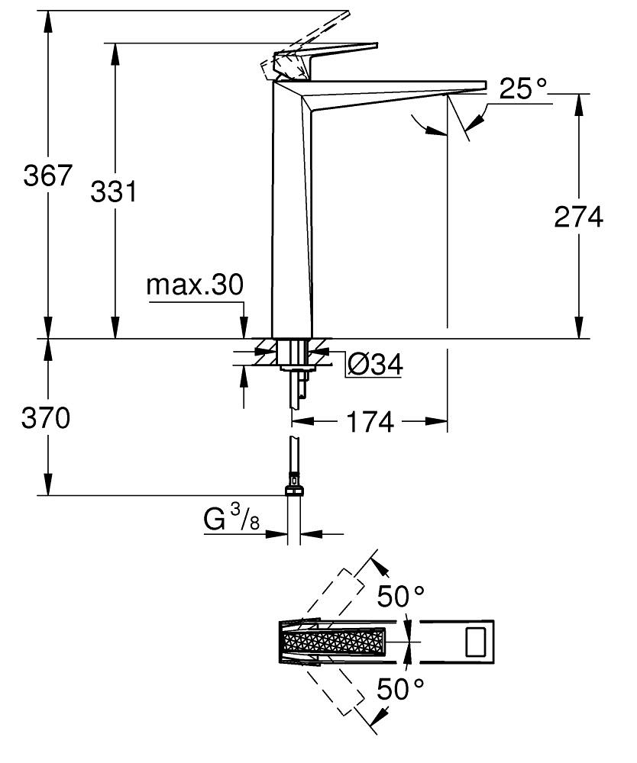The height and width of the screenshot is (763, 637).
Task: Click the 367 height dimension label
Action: [47, 175]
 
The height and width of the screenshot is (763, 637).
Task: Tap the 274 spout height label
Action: [578, 217]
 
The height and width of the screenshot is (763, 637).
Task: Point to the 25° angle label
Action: [524, 90]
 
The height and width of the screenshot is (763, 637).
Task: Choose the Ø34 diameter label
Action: [374, 365]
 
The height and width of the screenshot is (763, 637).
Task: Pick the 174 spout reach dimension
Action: [369, 420]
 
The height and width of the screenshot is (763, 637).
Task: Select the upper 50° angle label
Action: [399, 596]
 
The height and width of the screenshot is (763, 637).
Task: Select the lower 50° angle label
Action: [399, 691]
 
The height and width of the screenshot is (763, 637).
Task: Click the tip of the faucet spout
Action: [481, 85]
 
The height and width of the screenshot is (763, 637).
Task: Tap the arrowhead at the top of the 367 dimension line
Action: [47, 18]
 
